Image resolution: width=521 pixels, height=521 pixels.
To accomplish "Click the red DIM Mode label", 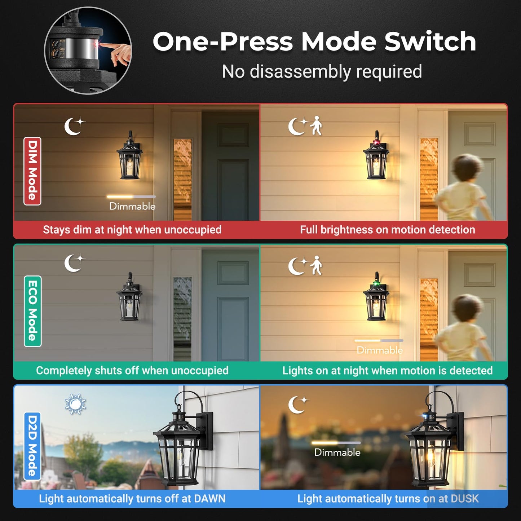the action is coord(32,171).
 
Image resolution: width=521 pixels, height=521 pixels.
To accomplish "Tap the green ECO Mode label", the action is coord(32,311).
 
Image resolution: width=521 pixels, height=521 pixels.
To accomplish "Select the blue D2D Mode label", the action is coord(32,446).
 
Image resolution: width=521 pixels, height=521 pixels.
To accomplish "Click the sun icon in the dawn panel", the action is coord(75,404).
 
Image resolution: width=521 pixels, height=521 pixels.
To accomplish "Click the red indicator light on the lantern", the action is coord(376,142).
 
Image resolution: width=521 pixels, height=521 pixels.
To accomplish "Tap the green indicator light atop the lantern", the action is coord(376,283).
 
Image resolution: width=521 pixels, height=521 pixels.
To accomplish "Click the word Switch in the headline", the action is coord(430,41).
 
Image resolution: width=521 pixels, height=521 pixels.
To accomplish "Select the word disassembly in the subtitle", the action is coord(300,72).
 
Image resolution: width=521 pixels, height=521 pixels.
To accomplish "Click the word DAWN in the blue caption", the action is coord(209,499).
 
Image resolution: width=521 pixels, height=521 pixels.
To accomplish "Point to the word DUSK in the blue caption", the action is coord(464,499).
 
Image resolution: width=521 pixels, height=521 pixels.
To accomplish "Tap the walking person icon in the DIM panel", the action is coord(316,126).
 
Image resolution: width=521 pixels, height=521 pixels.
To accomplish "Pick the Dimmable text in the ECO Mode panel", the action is coord(380,350).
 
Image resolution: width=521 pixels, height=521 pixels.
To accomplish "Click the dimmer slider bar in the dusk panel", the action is coord(336,443).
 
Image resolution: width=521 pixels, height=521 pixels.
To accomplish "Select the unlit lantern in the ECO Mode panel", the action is coord(129,297).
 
